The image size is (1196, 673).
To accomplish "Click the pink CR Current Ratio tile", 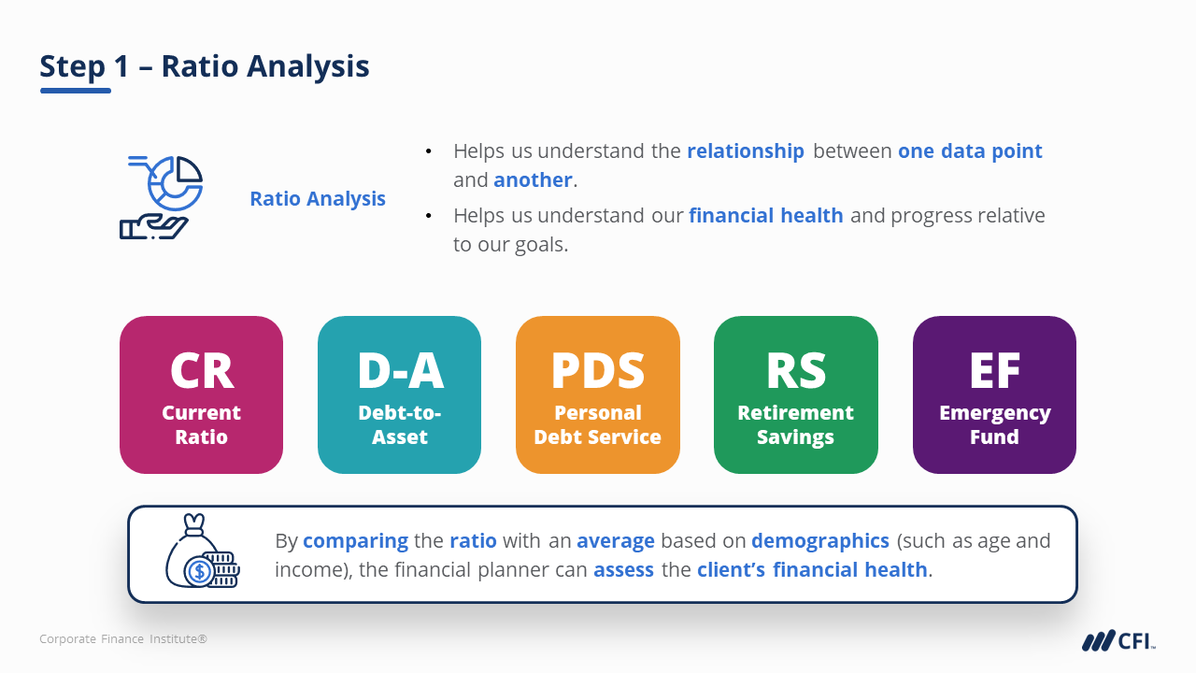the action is click(x=201, y=394).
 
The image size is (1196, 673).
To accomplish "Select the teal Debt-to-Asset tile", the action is click(x=399, y=394).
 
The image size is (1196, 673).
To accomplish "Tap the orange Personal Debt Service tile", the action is click(x=597, y=394).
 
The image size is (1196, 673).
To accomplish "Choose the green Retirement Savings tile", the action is click(x=795, y=394).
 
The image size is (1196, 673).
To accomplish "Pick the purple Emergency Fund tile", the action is click(x=994, y=394).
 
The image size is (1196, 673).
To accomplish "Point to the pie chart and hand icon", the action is click(x=161, y=197).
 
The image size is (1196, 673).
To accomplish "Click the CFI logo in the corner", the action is click(x=1118, y=640).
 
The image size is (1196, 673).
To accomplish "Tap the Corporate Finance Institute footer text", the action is click(x=123, y=638).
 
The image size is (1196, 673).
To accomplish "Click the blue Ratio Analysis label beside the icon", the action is click(x=318, y=199).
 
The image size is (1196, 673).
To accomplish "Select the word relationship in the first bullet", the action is click(x=746, y=151).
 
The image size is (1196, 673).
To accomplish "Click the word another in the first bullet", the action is click(x=533, y=180).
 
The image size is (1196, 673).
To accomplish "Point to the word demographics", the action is click(x=820, y=541).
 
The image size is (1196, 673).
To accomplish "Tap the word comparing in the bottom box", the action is click(x=356, y=541).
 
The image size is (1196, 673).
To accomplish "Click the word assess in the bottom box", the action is click(x=623, y=570).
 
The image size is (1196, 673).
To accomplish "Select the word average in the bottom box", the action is click(x=616, y=541).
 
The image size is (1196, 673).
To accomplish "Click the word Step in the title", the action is click(x=72, y=66).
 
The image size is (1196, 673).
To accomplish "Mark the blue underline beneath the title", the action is click(x=76, y=91).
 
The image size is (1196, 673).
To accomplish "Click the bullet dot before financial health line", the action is click(x=428, y=216).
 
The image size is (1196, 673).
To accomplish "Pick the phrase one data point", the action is click(x=970, y=151).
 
